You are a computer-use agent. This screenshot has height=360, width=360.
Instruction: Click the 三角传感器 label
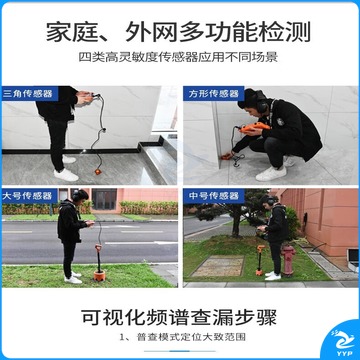28,94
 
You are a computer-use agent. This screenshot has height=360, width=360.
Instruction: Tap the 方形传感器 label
214,94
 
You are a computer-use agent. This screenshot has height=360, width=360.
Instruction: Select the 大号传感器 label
27,196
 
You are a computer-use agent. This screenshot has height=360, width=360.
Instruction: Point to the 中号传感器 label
214,196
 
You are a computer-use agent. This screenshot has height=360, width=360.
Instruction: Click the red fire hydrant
288,259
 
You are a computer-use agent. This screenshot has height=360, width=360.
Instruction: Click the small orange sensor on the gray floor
98,172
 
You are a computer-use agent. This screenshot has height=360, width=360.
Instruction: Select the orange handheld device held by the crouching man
254,127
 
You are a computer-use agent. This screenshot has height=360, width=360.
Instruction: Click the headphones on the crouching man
260,103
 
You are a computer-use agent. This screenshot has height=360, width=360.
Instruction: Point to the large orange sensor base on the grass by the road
99,275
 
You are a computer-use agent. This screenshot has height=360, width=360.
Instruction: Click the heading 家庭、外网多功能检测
178,32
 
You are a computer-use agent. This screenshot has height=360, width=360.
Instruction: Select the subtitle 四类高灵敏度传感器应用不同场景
178,57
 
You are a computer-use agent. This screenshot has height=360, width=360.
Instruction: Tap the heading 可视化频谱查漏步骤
179,317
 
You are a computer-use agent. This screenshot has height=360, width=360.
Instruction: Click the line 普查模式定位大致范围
191,337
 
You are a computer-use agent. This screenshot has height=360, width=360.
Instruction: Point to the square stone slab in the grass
218,266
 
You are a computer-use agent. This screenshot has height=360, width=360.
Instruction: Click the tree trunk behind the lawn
236,225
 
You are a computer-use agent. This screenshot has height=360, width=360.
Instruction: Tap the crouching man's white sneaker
271,174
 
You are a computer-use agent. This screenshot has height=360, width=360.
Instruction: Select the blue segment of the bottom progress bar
179,351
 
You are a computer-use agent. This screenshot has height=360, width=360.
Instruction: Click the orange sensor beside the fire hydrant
260,261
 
